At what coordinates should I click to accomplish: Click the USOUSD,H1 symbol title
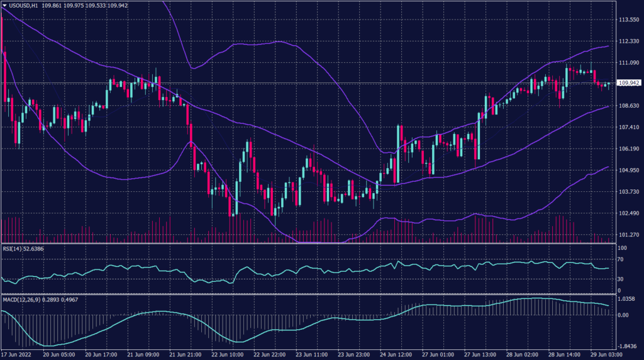coord(26,5)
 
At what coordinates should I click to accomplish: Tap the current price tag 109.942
coord(630,83)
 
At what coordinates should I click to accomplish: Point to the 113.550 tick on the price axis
coord(629,20)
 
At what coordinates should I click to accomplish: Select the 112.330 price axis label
coord(629,41)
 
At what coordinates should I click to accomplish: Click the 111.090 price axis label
coord(629,63)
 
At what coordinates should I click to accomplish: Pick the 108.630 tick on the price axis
coord(629,106)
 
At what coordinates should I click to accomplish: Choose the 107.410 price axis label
coord(629,127)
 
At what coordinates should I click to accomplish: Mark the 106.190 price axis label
coord(629,149)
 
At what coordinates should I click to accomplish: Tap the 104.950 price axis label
coord(629,170)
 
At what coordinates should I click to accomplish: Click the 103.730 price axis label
coord(629,191)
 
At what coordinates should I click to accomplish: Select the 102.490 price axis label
coord(629,213)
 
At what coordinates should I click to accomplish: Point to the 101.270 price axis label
coord(629,234)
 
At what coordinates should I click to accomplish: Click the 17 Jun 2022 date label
coord(17,354)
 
